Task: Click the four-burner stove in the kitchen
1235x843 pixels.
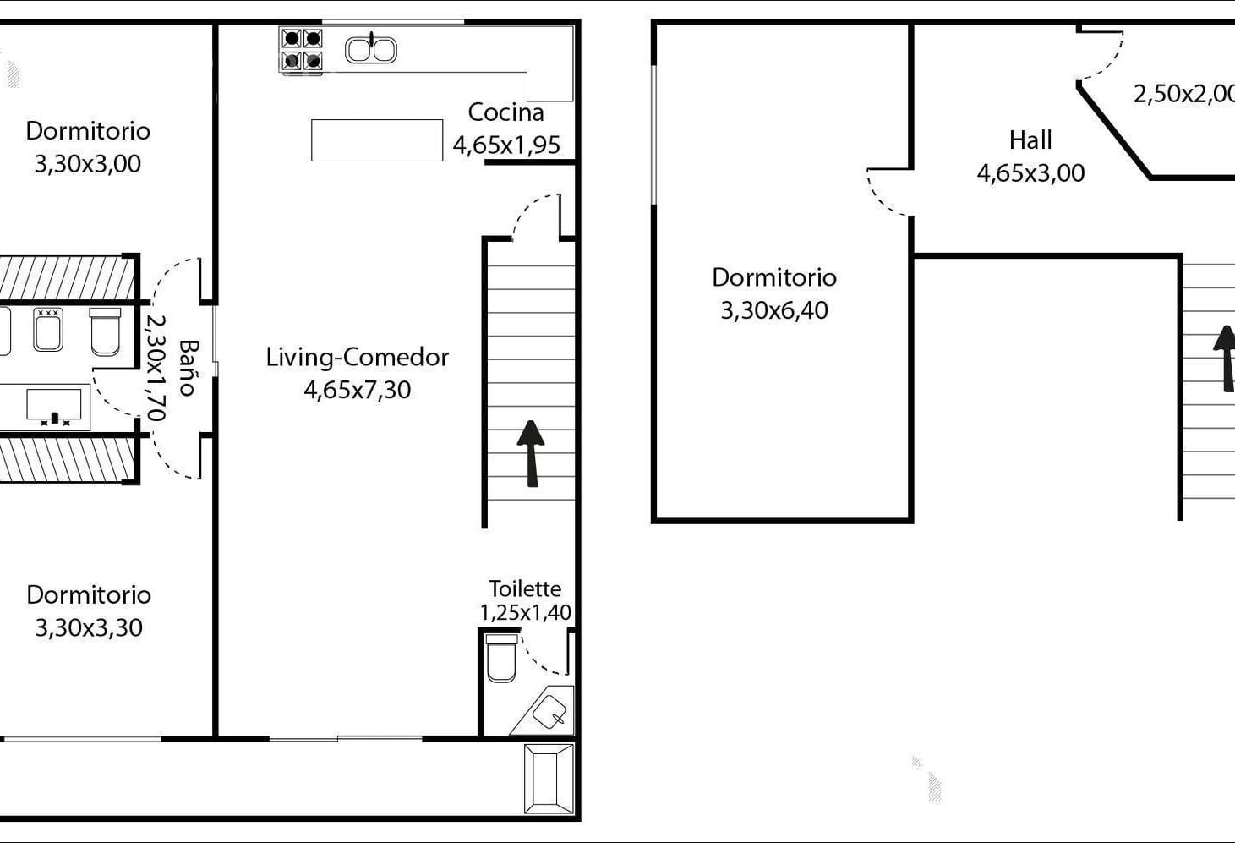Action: pyautogui.click(x=301, y=50)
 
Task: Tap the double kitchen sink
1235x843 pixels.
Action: pyautogui.click(x=371, y=50)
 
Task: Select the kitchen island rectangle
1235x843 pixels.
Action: pyautogui.click(x=377, y=140)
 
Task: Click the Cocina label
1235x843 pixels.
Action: pyautogui.click(x=506, y=112)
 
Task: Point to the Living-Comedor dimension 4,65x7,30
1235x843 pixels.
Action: pyautogui.click(x=358, y=390)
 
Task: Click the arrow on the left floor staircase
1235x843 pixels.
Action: pyautogui.click(x=530, y=454)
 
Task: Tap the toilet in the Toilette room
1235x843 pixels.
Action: pyautogui.click(x=501, y=658)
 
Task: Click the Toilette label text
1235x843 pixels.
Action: pyautogui.click(x=525, y=588)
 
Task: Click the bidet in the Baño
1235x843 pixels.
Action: pyautogui.click(x=48, y=330)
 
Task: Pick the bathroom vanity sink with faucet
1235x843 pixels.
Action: pyautogui.click(x=54, y=407)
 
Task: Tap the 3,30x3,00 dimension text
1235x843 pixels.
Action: pyautogui.click(x=88, y=164)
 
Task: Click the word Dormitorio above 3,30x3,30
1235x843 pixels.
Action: pyautogui.click(x=89, y=595)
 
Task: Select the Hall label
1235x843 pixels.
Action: pyautogui.click(x=1030, y=140)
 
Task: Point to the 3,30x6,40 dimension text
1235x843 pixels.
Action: pyautogui.click(x=774, y=310)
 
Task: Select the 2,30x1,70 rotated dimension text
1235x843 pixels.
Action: pyautogui.click(x=156, y=368)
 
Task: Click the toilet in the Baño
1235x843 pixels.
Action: pyautogui.click(x=105, y=331)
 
